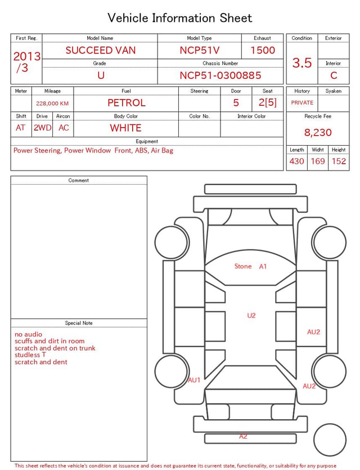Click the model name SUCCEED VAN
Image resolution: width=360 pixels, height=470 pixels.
tap(101, 50)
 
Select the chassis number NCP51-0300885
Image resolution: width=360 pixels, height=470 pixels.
tap(220, 75)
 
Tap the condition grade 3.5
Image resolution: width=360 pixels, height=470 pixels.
tap(302, 63)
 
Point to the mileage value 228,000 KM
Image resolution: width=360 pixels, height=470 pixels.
tap(52, 104)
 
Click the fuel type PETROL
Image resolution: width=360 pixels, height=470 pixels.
tap(127, 103)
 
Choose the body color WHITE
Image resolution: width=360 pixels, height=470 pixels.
tap(125, 128)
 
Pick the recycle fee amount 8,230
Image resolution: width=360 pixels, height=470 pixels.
tap(318, 132)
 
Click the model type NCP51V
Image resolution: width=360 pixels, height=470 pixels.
tap(200, 50)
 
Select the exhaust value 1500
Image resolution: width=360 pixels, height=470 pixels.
tap(263, 50)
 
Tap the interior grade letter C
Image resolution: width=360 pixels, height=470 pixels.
tap(334, 75)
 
